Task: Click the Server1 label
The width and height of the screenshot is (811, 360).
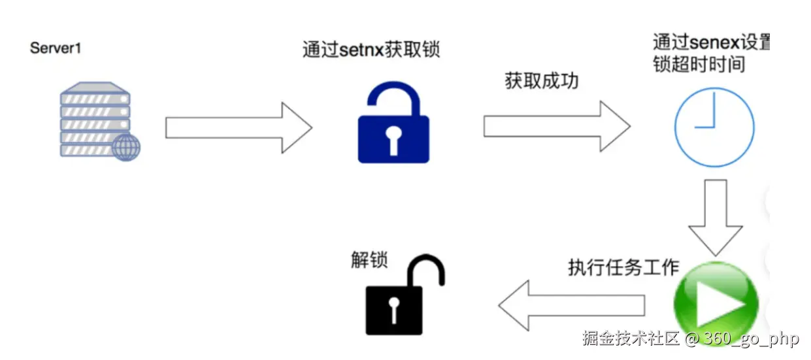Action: tap(56, 48)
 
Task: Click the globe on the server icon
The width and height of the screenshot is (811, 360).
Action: tap(125, 148)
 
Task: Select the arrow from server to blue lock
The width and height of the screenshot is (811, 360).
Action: tap(238, 127)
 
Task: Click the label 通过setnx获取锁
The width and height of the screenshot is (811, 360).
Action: tap(371, 50)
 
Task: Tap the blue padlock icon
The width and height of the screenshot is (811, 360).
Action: tap(393, 124)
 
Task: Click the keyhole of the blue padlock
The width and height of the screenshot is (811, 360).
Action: tap(393, 137)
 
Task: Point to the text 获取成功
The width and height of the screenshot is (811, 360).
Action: tap(542, 82)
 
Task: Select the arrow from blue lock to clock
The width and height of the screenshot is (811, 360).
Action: tap(556, 126)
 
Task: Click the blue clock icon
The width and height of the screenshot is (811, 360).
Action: tap(714, 127)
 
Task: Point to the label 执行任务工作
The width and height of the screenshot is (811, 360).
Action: tap(623, 267)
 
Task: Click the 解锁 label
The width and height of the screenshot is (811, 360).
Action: tap(369, 259)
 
